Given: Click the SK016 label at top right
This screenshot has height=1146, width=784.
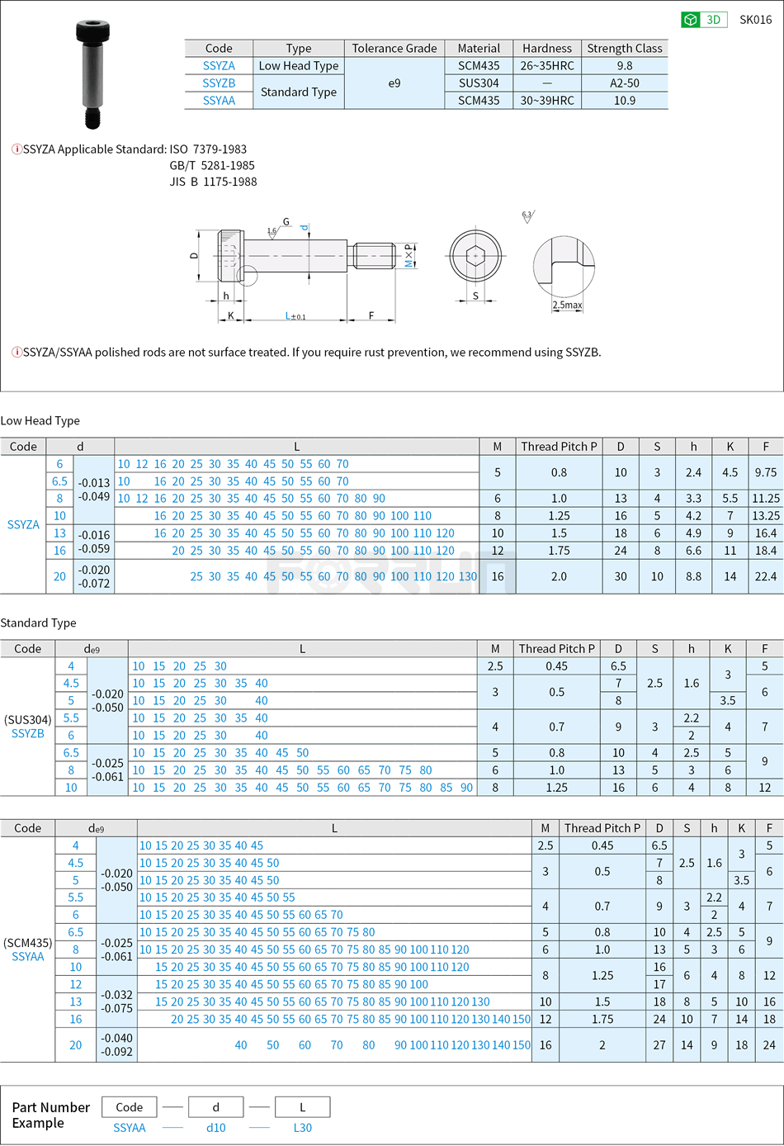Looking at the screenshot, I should (x=755, y=20).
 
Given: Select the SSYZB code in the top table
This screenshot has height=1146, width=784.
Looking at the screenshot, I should (x=219, y=83).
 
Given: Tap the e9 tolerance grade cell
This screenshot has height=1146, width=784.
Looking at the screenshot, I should (x=394, y=83).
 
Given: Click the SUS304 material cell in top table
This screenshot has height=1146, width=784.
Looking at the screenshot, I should (x=479, y=83).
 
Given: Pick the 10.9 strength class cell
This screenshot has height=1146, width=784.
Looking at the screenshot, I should (x=625, y=101).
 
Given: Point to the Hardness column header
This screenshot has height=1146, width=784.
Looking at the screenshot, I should (x=546, y=49).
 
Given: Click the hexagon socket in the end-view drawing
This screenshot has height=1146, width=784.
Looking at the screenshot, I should (x=475, y=256).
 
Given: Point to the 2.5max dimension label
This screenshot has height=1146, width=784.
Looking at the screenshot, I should (x=567, y=305).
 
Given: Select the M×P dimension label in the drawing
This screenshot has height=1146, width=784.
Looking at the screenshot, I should (x=409, y=256).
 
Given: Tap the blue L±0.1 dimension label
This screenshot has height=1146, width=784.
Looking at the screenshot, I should (x=295, y=316).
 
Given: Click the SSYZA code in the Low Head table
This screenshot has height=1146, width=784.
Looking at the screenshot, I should (x=23, y=525).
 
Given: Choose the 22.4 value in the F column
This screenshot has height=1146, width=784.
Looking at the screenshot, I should (x=766, y=577).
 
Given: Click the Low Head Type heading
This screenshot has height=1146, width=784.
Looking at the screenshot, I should (x=40, y=421).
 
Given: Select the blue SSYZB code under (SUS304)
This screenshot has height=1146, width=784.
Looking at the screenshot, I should (x=28, y=734).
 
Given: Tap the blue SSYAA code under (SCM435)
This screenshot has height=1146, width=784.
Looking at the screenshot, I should (x=28, y=957).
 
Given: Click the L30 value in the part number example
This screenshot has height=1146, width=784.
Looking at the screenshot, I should (x=303, y=1128).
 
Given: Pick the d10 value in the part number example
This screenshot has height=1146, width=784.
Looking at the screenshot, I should (x=216, y=1128).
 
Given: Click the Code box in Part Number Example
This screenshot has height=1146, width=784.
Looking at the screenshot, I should (x=130, y=1107).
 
